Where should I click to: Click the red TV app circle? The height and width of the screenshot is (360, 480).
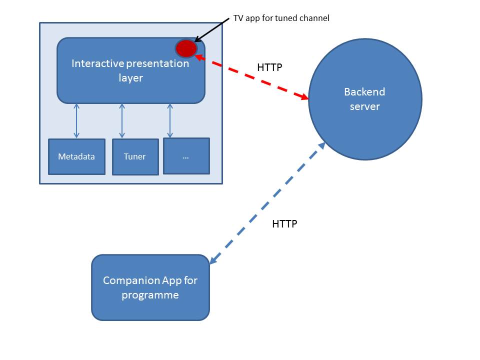[186, 48]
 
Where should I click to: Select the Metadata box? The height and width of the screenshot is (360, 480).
[76, 156]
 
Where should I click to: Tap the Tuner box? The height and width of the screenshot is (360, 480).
[135, 157]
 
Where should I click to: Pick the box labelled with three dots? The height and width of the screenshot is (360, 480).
[186, 156]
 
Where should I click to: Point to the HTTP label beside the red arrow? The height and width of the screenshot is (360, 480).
[269, 67]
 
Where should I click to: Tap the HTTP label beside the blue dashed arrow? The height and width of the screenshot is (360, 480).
[284, 224]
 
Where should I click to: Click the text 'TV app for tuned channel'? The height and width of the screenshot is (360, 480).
[281, 18]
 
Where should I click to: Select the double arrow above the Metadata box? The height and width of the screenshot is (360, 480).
[76, 120]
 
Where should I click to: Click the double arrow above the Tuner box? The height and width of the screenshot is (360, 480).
[122, 120]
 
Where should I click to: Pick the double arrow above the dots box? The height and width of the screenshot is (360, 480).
[170, 120]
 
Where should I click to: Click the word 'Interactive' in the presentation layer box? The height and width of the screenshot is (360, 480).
[96, 63]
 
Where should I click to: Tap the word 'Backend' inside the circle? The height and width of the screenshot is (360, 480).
[364, 92]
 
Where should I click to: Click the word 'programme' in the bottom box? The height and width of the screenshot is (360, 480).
[150, 295]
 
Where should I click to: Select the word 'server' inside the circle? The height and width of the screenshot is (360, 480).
[364, 106]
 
